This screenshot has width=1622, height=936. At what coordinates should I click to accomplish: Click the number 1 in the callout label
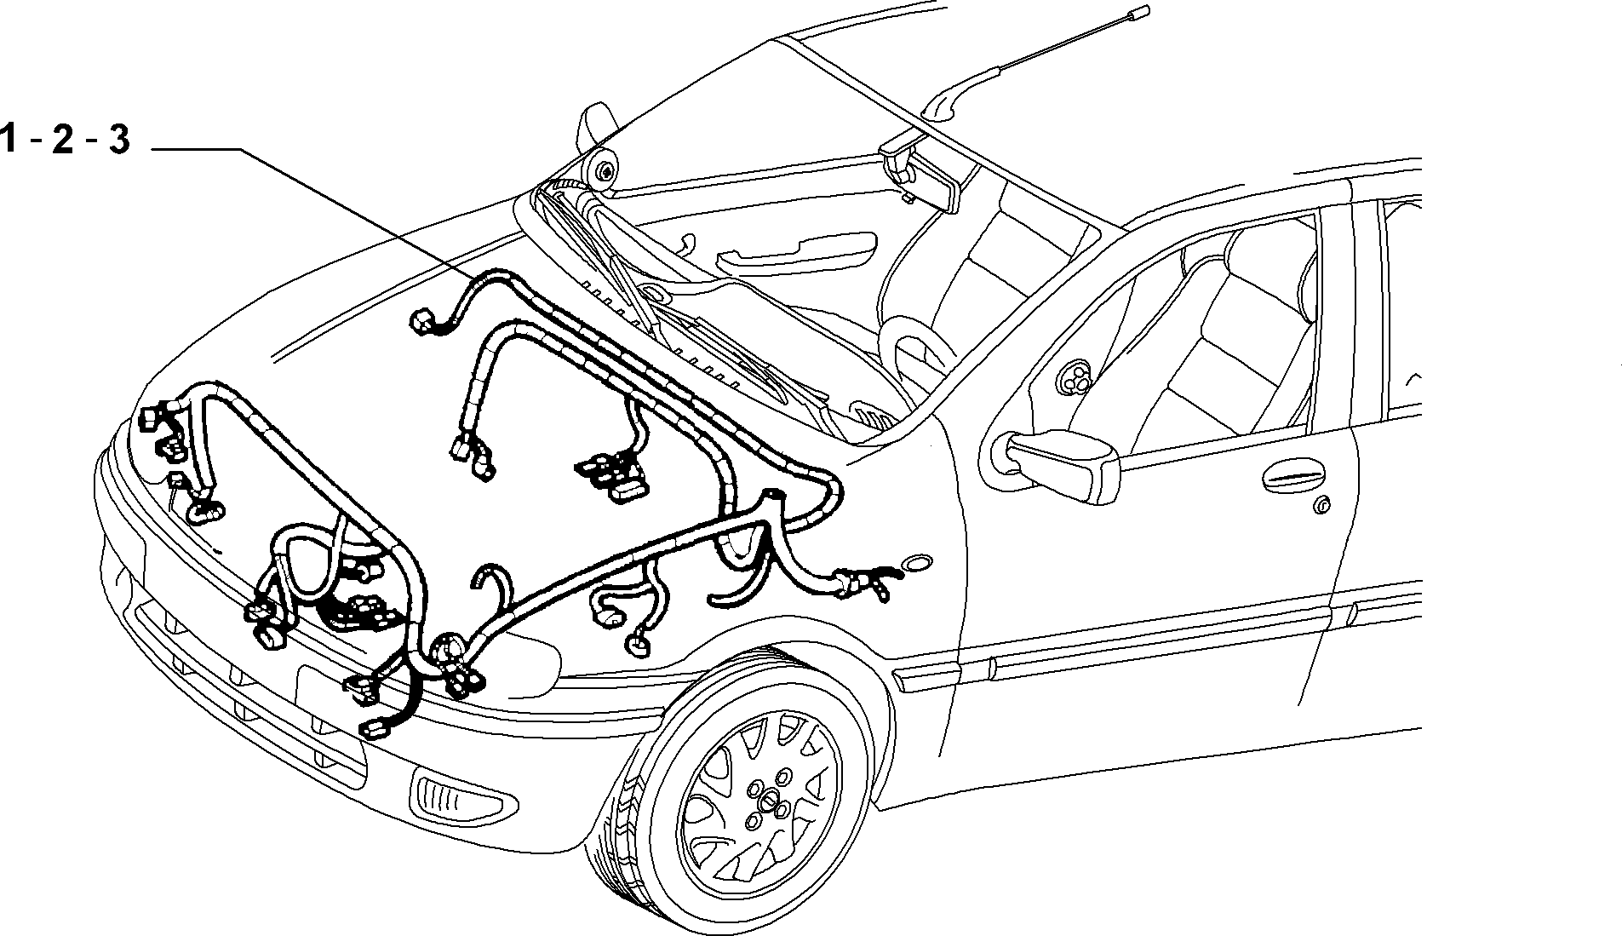point(9,139)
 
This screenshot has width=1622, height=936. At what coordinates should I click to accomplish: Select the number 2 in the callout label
point(62,139)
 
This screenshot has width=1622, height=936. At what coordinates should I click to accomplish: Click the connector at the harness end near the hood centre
point(422,323)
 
